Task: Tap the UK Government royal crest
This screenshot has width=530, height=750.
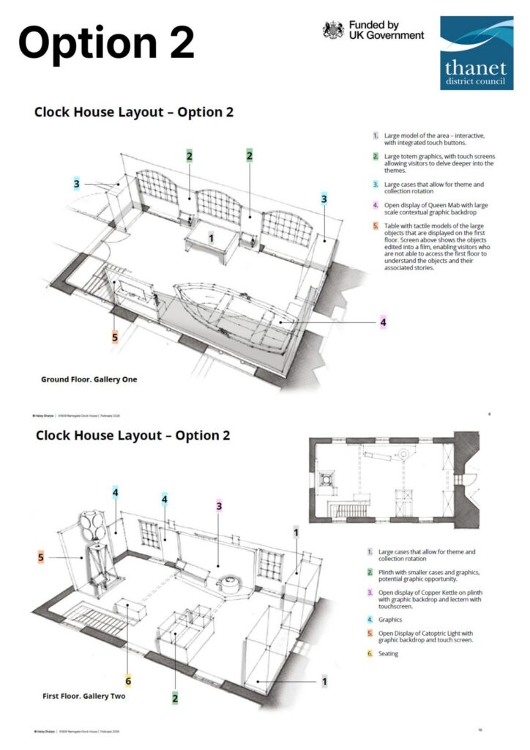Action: [x=334, y=30]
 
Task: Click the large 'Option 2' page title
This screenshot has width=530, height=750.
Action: [x=107, y=42]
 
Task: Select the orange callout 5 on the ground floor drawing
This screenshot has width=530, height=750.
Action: [x=115, y=337]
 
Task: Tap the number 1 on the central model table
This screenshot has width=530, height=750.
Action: [x=212, y=238]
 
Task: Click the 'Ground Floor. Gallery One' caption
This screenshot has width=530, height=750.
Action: [x=89, y=379]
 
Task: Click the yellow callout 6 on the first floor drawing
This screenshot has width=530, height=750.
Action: [x=128, y=680]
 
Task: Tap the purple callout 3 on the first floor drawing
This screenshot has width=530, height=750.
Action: [x=219, y=505]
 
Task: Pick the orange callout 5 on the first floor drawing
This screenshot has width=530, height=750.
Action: [x=41, y=557]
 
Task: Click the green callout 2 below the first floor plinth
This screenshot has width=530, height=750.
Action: [x=175, y=698]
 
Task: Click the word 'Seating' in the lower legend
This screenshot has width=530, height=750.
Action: [x=389, y=653]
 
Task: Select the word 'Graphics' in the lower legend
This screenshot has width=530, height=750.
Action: [x=392, y=619]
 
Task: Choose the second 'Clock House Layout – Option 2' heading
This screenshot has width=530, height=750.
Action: [x=133, y=435]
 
